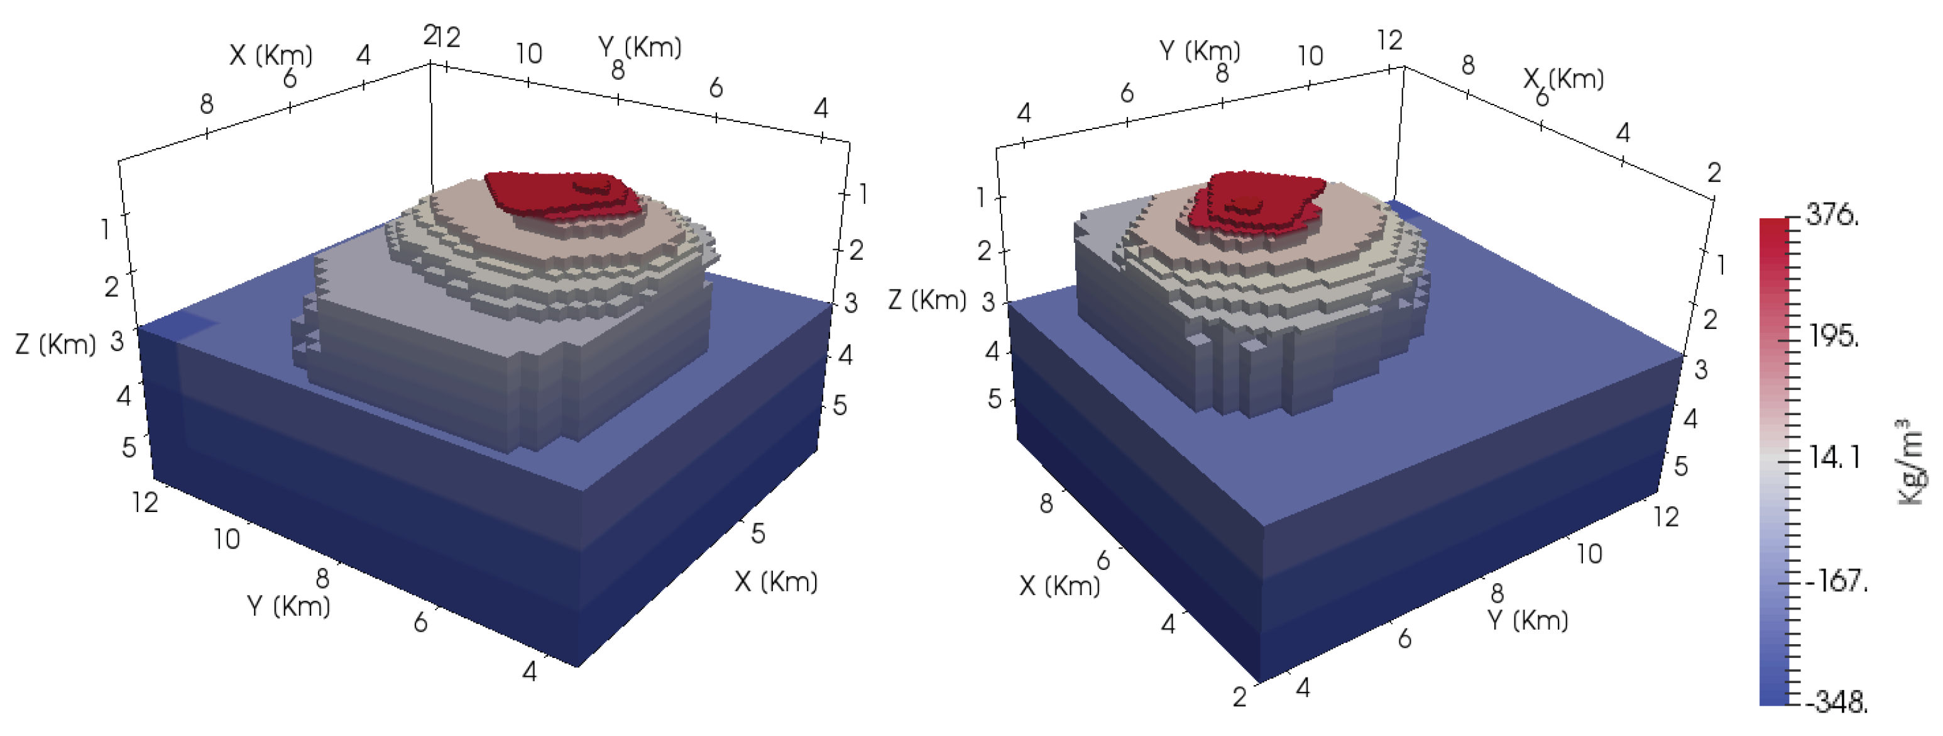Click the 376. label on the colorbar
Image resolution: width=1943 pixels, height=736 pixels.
click(1834, 216)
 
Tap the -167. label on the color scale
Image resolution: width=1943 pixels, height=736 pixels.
click(1837, 581)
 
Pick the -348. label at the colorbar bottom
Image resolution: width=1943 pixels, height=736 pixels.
click(1837, 702)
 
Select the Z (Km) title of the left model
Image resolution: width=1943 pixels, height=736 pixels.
click(56, 344)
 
